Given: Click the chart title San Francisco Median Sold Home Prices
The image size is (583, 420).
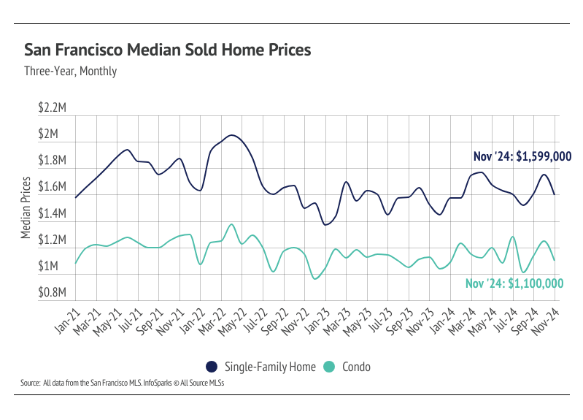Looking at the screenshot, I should tap(168, 50).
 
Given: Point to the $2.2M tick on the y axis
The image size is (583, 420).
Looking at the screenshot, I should tap(53, 108).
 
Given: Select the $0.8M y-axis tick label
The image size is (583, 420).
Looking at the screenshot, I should tap(53, 293).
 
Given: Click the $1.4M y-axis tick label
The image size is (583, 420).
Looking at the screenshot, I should tap(53, 214).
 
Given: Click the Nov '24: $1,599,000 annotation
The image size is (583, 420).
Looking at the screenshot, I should tap(522, 156).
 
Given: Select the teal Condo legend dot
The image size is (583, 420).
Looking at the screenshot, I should tap(329, 367).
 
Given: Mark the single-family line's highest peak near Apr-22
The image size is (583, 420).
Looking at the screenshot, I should tap(231, 135).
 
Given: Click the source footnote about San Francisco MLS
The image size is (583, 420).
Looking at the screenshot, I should tap(122, 383).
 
